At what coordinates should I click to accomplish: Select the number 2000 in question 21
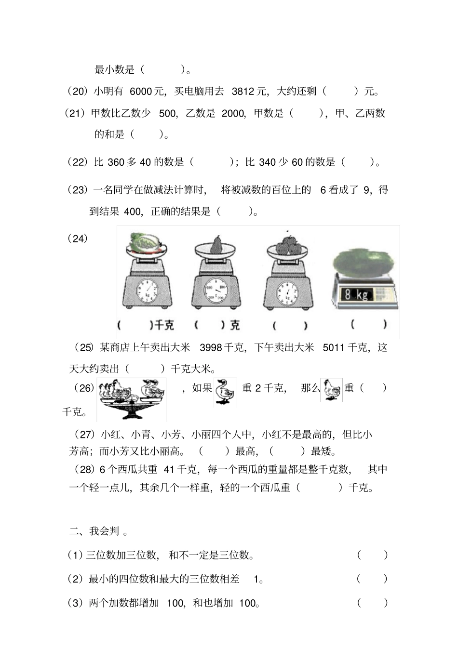pos(233,113)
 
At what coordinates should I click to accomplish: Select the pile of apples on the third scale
pos(288,244)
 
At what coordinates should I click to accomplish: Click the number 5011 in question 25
pos(334,347)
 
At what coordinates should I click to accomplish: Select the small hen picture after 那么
pos(332,390)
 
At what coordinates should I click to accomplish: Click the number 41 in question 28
pos(169,469)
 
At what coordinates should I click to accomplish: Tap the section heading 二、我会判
pos(98,531)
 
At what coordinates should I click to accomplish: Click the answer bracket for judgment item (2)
pos(372,579)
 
